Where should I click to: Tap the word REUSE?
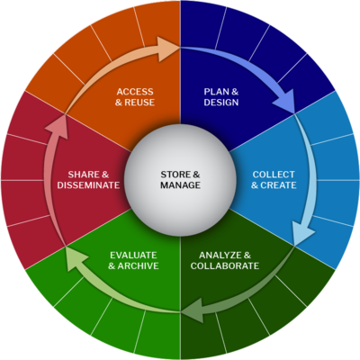pyautogui.click(x=139, y=103)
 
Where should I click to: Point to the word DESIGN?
pyautogui.click(x=221, y=103)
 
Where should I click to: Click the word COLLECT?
pyautogui.click(x=274, y=175)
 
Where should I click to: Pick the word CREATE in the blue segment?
pyautogui.click(x=278, y=185)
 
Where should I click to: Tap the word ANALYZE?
pyautogui.click(x=220, y=256)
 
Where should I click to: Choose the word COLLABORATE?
pyautogui.click(x=225, y=265)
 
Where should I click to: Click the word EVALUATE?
pyautogui.click(x=133, y=256)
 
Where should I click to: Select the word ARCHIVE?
pyautogui.click(x=139, y=265)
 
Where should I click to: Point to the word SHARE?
pyautogui.click(x=84, y=175)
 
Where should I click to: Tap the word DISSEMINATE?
pyautogui.click(x=88, y=185)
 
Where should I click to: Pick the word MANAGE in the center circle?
pyautogui.click(x=180, y=185)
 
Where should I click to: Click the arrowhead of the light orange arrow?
pyautogui.click(x=168, y=49)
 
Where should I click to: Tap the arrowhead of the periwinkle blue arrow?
pyautogui.click(x=285, y=102)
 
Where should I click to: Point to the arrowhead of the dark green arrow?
pyautogui.click(x=193, y=311)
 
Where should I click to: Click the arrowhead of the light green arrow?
pyautogui.click(x=76, y=258)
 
